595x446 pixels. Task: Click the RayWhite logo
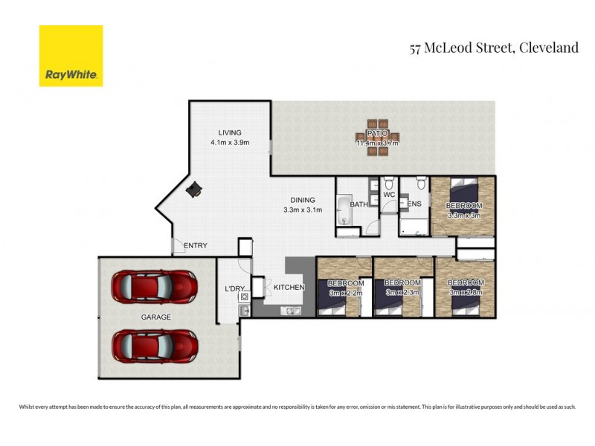click(x=71, y=56)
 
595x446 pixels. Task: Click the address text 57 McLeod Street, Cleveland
click(x=494, y=48)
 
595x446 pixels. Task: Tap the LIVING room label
click(x=224, y=133)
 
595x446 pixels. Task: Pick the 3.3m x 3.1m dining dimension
click(x=303, y=210)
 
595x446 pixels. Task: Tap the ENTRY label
click(x=195, y=246)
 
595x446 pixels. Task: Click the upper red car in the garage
click(x=154, y=285)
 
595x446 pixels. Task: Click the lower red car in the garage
click(x=154, y=344)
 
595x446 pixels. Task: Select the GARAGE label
click(x=156, y=317)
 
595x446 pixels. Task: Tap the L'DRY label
click(x=235, y=288)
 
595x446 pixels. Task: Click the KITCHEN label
click(x=290, y=287)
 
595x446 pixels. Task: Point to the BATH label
click(x=359, y=204)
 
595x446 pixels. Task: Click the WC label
click(x=389, y=195)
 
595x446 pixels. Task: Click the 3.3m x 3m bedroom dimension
click(x=464, y=216)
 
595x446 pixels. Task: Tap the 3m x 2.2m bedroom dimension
click(x=345, y=293)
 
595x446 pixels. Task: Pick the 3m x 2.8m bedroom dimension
click(x=466, y=293)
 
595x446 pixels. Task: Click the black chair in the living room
click(x=194, y=190)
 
